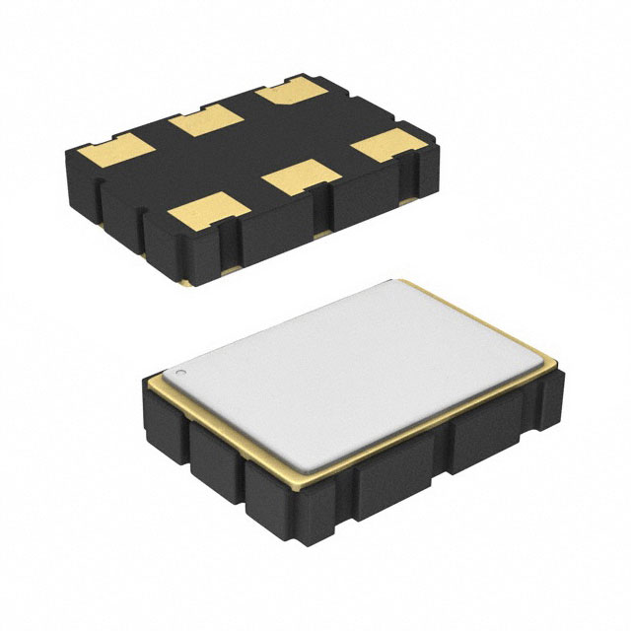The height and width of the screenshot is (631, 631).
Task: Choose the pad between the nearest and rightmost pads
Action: pyautogui.click(x=303, y=175)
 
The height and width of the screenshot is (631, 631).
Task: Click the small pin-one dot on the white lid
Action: pyautogui.click(x=181, y=374)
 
